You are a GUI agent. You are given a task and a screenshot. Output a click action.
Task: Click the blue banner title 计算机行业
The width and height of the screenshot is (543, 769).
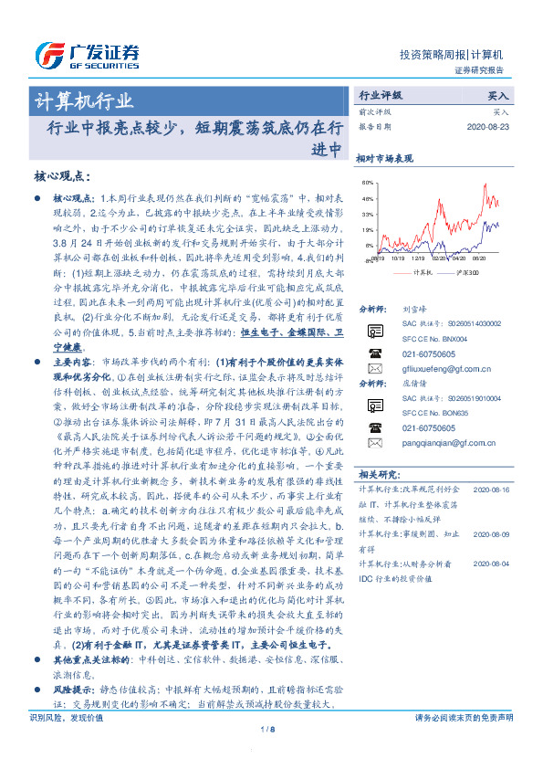tap(84, 100)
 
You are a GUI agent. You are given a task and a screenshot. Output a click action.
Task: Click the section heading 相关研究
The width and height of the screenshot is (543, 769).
tap(377, 476)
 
